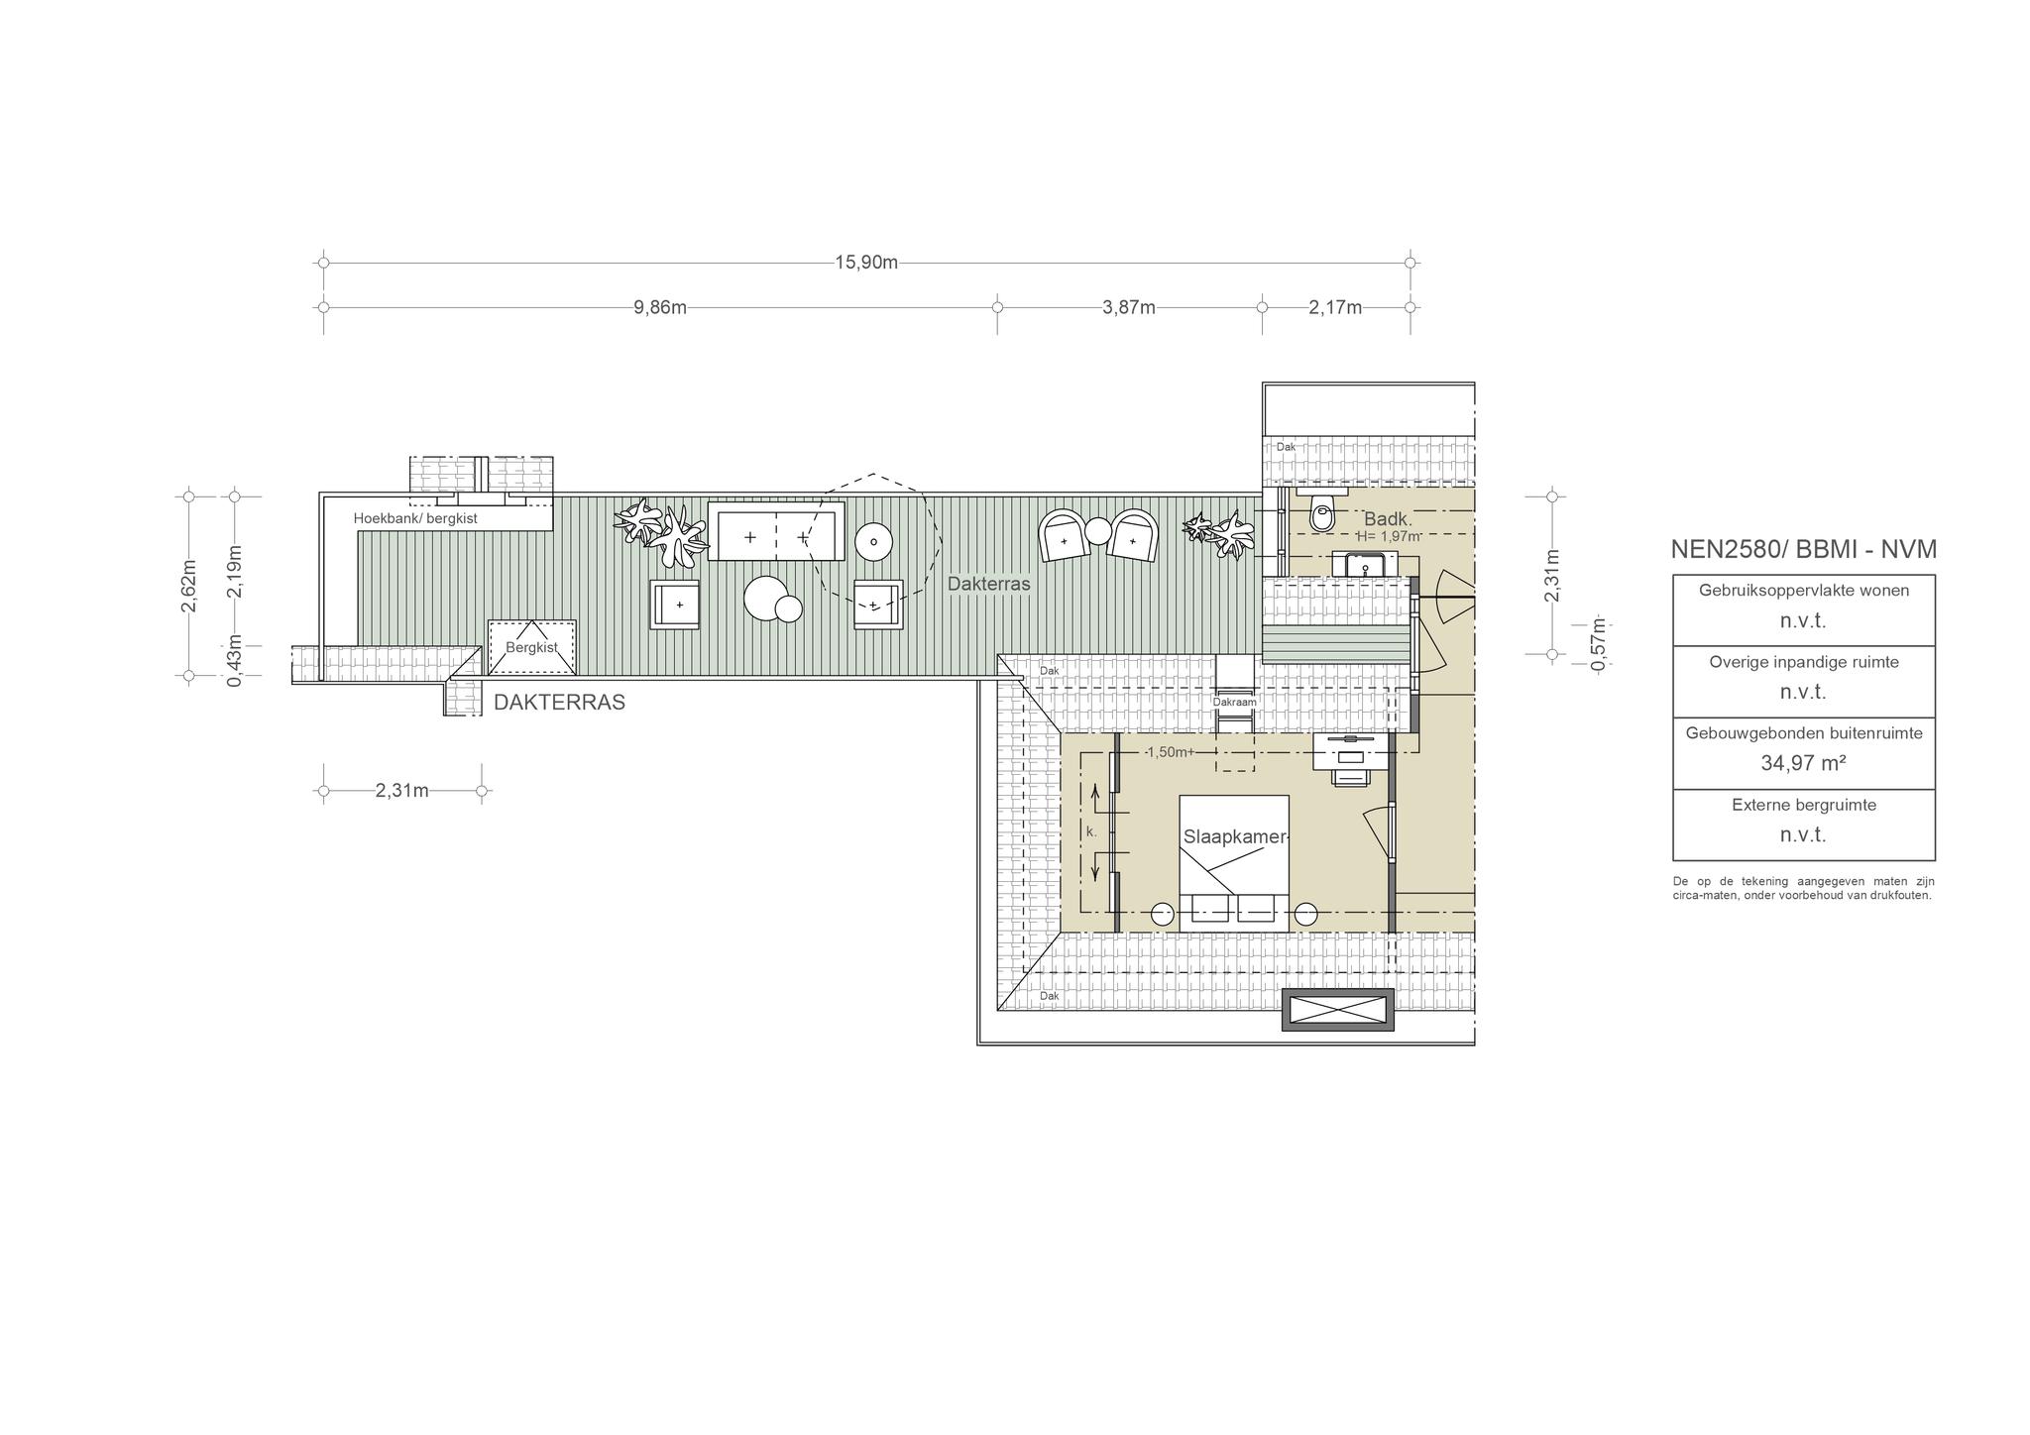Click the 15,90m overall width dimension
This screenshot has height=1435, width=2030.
866,263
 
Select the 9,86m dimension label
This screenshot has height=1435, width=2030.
660,307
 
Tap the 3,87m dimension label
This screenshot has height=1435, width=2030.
1129,307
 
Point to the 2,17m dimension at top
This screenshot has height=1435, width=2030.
1335,307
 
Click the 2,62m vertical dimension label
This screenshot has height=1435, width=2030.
189,586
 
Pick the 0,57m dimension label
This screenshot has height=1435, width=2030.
1597,644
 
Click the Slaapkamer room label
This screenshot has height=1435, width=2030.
1235,837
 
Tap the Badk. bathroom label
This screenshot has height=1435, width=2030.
1388,519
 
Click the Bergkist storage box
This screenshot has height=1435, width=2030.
532,649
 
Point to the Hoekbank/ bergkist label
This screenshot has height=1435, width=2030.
415,518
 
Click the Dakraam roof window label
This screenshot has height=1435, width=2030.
1235,702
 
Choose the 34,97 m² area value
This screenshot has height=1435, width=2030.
1803,763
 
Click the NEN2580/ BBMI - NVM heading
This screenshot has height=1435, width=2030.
1803,549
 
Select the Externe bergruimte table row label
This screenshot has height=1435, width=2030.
1804,805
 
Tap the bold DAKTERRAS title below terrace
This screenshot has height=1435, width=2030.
560,703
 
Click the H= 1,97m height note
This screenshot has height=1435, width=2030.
1389,536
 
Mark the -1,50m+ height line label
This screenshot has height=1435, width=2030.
1170,752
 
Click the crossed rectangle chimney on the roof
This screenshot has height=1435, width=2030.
1337,1010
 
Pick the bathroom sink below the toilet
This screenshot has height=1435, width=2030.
1366,565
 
